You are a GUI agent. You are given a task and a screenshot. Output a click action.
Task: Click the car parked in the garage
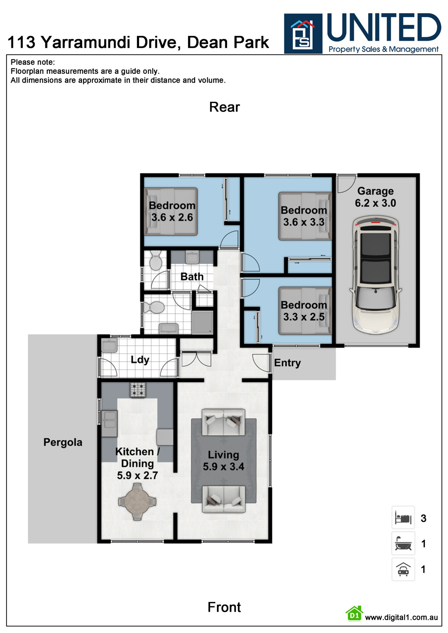click(x=375, y=275)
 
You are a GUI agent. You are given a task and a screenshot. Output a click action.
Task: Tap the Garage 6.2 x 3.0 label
click(x=375, y=197)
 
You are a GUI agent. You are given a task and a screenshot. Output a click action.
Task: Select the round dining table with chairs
click(x=137, y=502)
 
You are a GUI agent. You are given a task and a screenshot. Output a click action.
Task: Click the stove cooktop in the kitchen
click(x=137, y=390)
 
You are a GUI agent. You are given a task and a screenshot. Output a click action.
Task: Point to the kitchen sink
click(x=109, y=423)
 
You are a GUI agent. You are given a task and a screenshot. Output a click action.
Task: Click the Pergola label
click(x=63, y=442)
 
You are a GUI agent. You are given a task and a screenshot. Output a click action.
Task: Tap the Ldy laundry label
click(x=140, y=360)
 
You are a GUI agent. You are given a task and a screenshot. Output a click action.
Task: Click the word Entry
click(x=287, y=363)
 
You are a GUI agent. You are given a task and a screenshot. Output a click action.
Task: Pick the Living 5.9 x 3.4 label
click(x=224, y=461)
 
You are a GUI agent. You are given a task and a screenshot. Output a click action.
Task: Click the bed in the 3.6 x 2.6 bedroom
click(x=171, y=212)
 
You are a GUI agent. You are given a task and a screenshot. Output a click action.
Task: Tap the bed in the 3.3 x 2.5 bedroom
click(x=304, y=311)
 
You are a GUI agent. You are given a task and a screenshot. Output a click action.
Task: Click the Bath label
click(x=192, y=277)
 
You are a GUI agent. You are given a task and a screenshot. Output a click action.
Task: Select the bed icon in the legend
click(x=403, y=518)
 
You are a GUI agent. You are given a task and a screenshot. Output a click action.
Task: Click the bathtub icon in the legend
click(x=403, y=544)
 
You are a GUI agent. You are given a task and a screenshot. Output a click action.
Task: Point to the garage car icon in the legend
click(x=403, y=569)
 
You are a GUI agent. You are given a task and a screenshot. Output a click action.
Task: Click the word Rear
click(x=224, y=107)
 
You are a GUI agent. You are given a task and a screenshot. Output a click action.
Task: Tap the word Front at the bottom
click(x=224, y=607)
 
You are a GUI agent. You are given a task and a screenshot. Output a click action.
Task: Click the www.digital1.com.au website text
click(x=401, y=618)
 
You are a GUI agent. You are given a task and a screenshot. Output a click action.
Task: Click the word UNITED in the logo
click(x=384, y=28)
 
